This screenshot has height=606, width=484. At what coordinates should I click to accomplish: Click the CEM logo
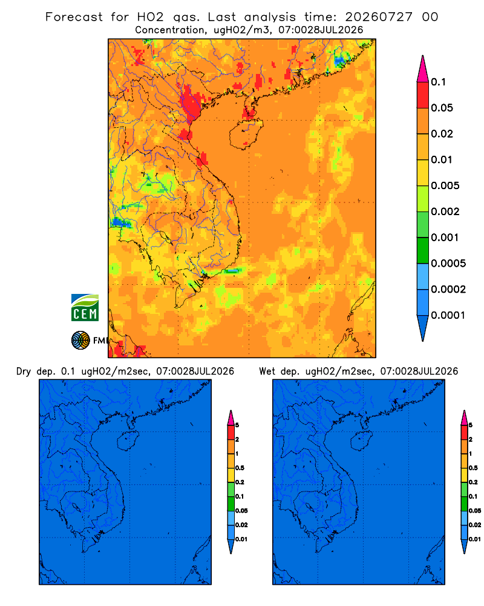(x=85, y=308)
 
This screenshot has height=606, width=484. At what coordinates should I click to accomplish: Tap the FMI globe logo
(x=80, y=341)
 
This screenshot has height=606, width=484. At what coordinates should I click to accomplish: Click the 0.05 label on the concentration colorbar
(x=442, y=108)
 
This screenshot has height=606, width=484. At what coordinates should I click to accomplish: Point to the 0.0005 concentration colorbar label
(x=448, y=264)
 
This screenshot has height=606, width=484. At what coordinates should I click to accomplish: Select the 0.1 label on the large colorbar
(x=439, y=82)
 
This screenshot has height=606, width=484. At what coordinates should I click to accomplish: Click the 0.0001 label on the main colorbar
(x=448, y=315)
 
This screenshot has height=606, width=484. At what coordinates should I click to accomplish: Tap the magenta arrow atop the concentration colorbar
(x=423, y=69)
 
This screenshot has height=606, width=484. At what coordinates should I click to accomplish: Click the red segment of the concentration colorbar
(x=423, y=95)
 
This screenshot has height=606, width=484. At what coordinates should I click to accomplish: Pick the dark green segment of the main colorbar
(x=423, y=250)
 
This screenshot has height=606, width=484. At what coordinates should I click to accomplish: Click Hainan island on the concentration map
(x=246, y=133)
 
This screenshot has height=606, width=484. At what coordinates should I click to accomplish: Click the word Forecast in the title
(x=74, y=17)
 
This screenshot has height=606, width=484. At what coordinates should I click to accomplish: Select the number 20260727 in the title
(x=379, y=17)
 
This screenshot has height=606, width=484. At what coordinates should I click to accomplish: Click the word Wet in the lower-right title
(x=267, y=371)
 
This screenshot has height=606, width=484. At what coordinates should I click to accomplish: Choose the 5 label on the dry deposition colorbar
(x=237, y=425)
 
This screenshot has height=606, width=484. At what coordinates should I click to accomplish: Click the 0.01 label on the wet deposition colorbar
(x=475, y=539)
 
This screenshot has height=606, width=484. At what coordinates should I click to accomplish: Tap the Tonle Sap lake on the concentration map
(x=163, y=236)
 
